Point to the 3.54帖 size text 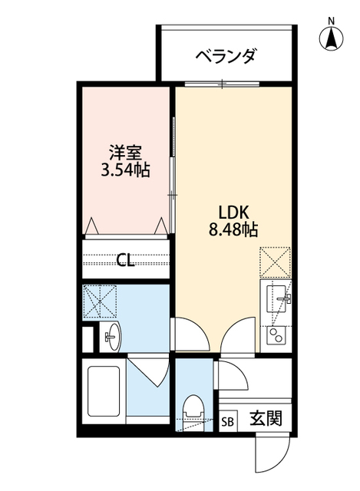tap(125, 171)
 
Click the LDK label tap(233, 210)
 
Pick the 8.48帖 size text tap(233, 229)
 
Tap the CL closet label tap(125, 259)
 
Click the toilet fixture tap(193, 410)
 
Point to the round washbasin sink tap(111, 335)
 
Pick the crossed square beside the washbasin tap(100, 302)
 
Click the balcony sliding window tap(223, 83)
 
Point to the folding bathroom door tap(147, 371)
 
